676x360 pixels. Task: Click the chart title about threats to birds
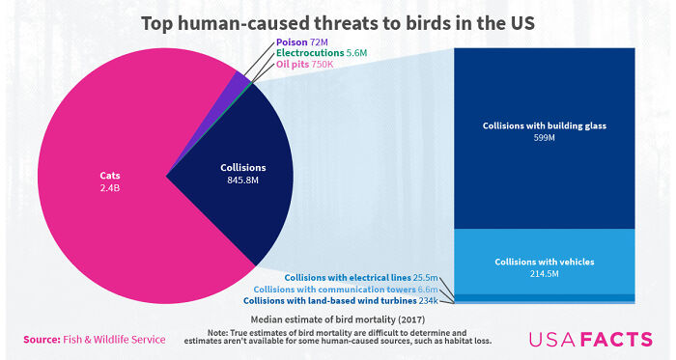pyautogui.click(x=337, y=22)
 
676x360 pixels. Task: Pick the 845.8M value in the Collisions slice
pyautogui.click(x=237, y=181)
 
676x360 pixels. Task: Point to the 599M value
pyautogui.click(x=544, y=138)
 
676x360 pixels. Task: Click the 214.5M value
pyautogui.click(x=544, y=274)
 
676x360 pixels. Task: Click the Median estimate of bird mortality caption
pyautogui.click(x=337, y=318)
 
